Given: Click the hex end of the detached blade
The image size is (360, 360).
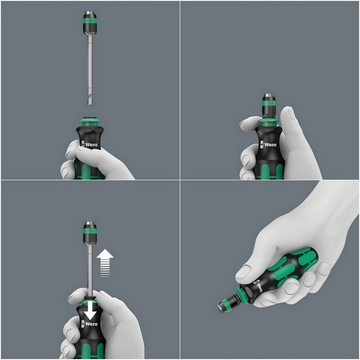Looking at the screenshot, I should (x=90, y=101).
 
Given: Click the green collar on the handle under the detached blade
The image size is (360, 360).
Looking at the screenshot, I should (x=90, y=121).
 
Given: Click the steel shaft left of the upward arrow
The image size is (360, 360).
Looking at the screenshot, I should (x=90, y=265).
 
